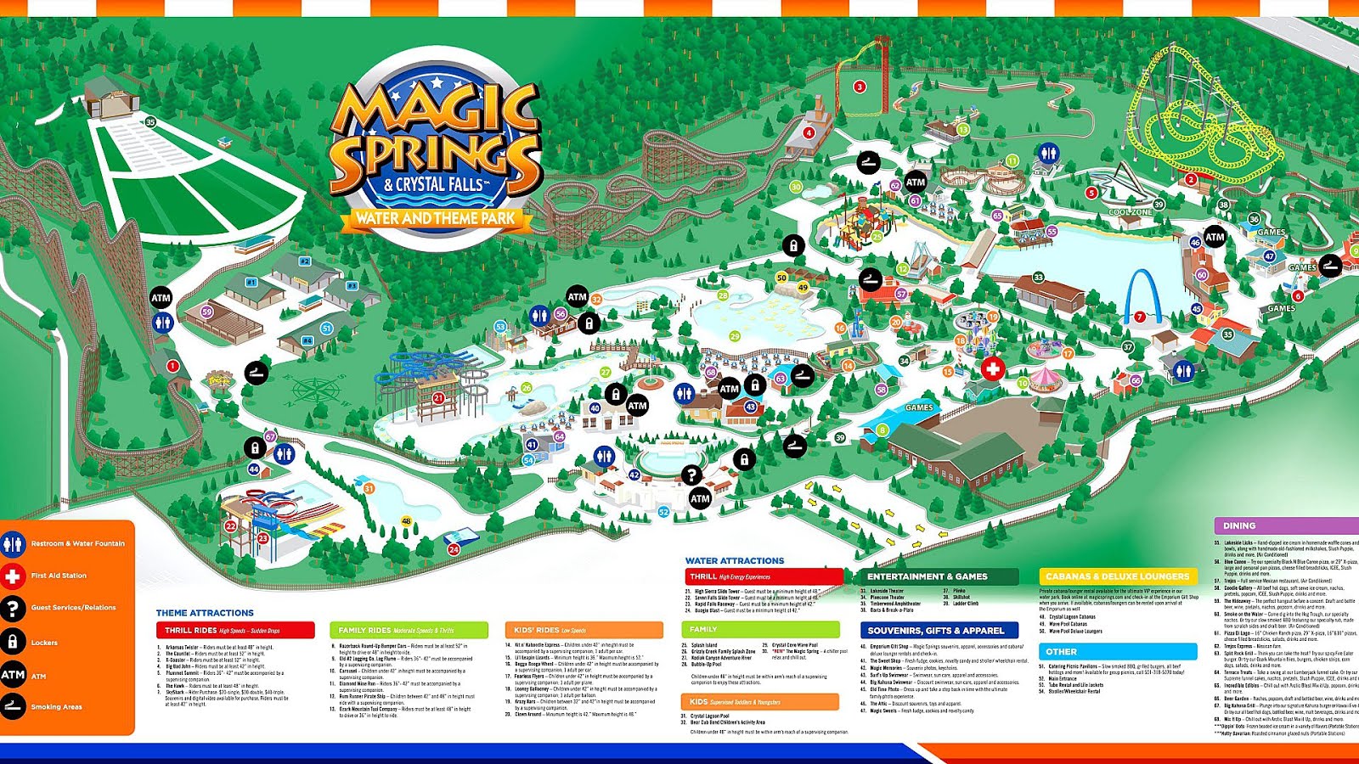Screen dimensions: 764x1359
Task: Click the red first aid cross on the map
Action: [992, 369]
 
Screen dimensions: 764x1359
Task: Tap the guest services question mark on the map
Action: [691, 475]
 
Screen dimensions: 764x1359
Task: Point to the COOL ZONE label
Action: [1131, 212]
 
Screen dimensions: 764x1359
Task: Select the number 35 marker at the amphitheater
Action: [150, 122]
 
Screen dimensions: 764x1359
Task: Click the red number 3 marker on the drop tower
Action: [860, 87]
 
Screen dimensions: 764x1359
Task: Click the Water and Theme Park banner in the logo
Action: [435, 218]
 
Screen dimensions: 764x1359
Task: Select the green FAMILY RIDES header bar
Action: [409, 630]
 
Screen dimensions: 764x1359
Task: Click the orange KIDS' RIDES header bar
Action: [584, 630]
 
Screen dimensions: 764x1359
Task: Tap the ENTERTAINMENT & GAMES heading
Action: [939, 576]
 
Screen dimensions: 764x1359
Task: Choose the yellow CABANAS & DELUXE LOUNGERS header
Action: [1117, 576]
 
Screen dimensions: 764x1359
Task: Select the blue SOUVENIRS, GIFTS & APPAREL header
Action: [939, 631]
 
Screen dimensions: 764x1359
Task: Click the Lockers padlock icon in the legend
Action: [13, 643]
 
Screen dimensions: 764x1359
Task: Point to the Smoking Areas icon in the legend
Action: [13, 706]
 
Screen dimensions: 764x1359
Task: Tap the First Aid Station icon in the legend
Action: [13, 576]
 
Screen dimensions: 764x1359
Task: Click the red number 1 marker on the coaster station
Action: [173, 366]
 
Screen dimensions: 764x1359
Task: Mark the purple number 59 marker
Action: [207, 312]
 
